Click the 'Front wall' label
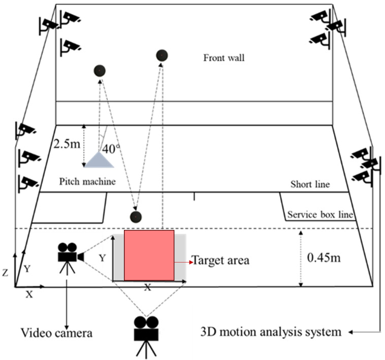coord(224,58)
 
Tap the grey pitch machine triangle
coord(100,160)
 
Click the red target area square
coord(149,255)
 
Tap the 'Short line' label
coord(309,184)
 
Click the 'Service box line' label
coord(319,215)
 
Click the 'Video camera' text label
coord(56,333)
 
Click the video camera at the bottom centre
coord(146,331)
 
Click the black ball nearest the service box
coord(136,217)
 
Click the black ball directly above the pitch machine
coord(100,71)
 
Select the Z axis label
coord(5,273)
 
